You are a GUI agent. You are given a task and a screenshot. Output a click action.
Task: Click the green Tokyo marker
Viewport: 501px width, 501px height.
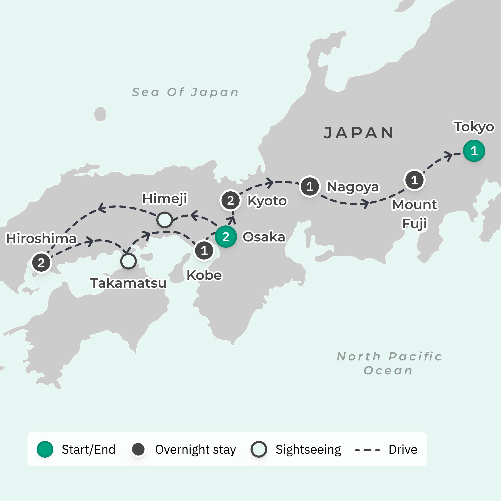(474, 151)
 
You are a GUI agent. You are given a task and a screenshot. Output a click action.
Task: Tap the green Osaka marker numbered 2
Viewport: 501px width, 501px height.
(226, 237)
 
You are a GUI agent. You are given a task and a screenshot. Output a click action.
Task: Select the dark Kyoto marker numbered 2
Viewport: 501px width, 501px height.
(230, 200)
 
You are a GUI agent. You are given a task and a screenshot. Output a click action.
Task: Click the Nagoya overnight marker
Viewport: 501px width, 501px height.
(310, 186)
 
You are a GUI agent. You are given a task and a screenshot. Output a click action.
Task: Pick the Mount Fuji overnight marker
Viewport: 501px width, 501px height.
(414, 180)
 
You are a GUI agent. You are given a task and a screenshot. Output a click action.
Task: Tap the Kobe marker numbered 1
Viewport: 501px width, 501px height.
(204, 250)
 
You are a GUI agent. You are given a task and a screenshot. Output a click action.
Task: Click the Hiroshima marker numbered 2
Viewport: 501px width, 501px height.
(41, 263)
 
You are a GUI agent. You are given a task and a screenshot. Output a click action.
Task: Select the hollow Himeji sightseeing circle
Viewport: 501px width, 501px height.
(164, 220)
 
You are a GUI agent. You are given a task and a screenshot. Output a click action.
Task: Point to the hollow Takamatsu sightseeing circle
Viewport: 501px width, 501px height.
(128, 261)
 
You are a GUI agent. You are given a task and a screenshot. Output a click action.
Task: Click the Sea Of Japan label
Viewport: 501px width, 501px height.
(185, 92)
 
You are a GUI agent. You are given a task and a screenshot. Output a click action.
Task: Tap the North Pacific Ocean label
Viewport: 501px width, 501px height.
(389, 363)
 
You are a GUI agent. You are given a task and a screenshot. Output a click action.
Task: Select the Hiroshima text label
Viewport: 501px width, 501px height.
(42, 239)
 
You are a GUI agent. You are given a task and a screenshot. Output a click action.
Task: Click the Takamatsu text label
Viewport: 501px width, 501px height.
(128, 283)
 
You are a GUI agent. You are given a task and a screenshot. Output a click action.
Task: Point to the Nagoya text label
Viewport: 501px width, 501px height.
(353, 187)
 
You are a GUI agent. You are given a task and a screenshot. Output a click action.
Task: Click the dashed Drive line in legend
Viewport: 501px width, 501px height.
(367, 450)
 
